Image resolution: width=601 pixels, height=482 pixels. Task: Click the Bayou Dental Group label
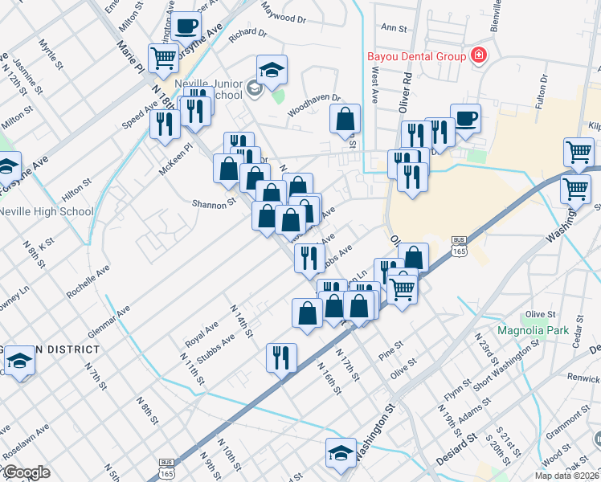coord(416,56)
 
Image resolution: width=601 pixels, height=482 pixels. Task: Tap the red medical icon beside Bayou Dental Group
coord(479,55)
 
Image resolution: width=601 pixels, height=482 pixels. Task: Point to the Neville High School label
coord(46,212)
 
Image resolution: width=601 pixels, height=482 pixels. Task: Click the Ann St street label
coord(395,27)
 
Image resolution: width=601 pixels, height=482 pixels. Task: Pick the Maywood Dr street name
coord(281,14)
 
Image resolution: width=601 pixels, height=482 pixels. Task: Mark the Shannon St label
coord(213,204)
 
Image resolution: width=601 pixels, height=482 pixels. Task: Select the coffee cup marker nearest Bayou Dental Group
coord(465,118)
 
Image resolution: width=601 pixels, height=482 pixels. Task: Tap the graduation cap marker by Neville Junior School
coord(272,70)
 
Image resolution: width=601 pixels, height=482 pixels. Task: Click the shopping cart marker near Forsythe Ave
coord(164,56)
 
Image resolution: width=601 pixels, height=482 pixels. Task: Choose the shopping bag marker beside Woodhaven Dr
coord(345,120)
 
